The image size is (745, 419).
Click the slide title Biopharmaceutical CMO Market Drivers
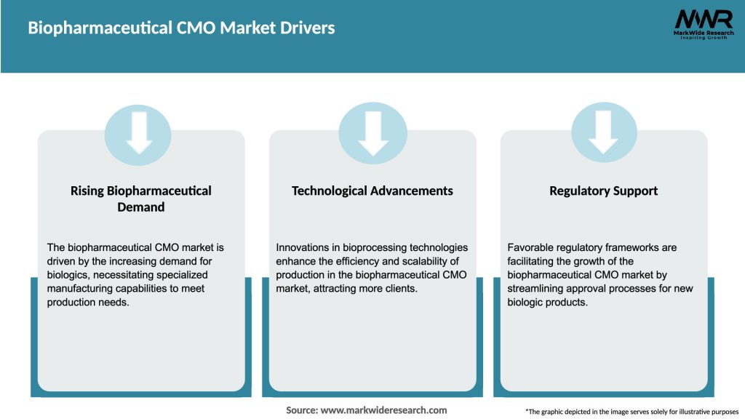(181, 28)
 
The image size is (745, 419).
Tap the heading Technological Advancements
(372, 191)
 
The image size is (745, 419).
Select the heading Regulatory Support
(603, 191)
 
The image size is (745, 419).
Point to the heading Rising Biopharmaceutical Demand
(141, 199)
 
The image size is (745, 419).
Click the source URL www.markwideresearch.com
(383, 410)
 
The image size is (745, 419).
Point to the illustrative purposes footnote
(632, 412)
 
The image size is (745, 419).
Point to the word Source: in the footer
(301, 410)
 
